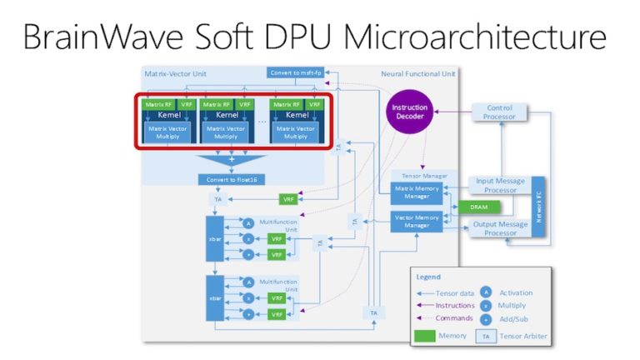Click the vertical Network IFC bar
[x=537, y=206]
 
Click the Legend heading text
[x=428, y=277]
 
